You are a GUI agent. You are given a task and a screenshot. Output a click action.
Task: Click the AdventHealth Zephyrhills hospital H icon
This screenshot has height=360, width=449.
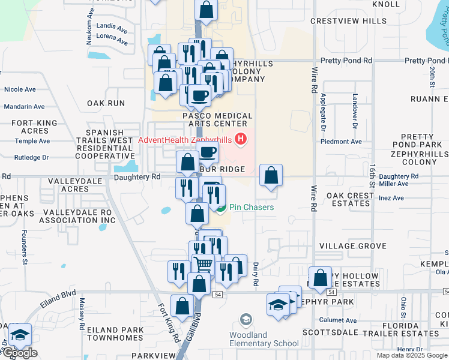click(x=241, y=140)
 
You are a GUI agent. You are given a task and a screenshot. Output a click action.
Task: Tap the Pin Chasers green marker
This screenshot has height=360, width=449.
click(x=221, y=208)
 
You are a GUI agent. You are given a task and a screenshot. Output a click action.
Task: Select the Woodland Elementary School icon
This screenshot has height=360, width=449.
click(x=246, y=319)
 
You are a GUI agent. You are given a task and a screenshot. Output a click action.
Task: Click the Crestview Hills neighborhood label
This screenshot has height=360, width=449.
click(x=349, y=21)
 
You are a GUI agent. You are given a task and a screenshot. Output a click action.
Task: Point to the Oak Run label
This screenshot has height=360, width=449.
click(x=106, y=103)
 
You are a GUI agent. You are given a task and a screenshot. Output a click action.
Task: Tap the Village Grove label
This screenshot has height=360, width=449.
click(x=352, y=246)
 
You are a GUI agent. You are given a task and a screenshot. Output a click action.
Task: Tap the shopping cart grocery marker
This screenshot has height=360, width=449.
click(x=203, y=263)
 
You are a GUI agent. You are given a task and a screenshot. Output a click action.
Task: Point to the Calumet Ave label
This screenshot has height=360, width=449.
click(x=338, y=320)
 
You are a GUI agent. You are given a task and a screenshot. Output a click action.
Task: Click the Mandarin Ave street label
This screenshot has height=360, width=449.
click(x=24, y=107)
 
